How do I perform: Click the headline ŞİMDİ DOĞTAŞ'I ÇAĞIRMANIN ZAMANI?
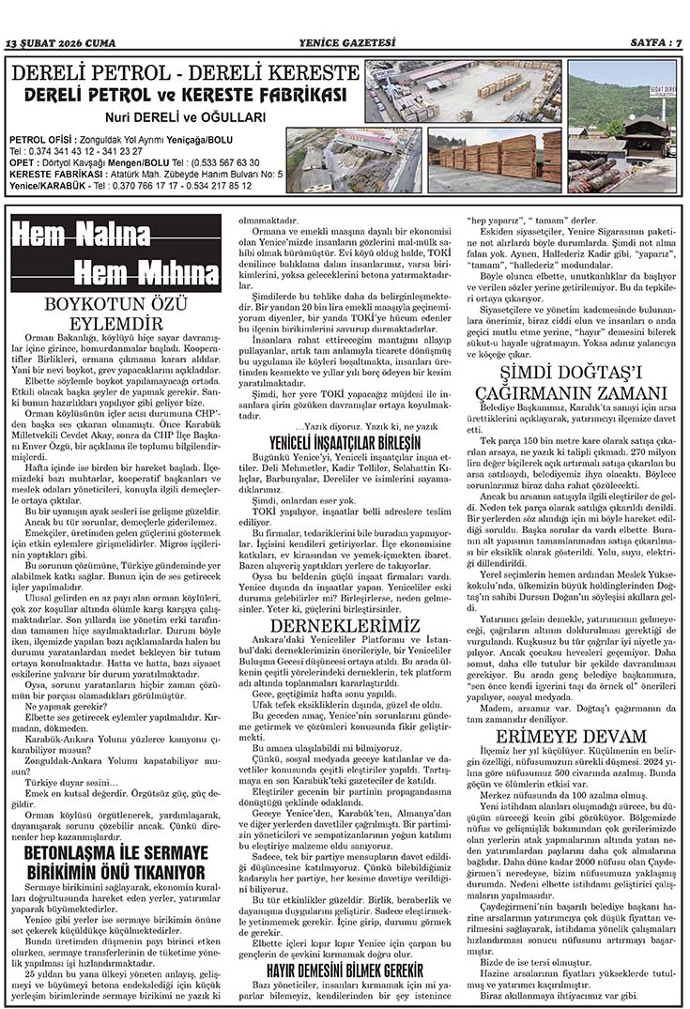(571, 382)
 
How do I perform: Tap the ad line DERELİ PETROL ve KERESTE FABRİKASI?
(186, 95)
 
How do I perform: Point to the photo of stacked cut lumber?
(495, 160)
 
